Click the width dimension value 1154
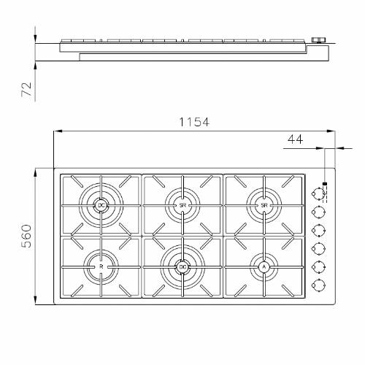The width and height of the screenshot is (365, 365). click(194, 123)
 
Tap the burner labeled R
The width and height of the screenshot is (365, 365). click(101, 268)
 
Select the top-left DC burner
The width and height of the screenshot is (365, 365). click(101, 207)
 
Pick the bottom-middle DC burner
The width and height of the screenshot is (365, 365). click(182, 268)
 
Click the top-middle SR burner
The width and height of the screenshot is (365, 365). click(182, 207)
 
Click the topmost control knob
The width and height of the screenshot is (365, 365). click(318, 194)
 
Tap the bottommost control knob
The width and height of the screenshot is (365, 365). click(318, 284)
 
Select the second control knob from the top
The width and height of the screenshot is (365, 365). click(318, 212)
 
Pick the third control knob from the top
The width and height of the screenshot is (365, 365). click(318, 230)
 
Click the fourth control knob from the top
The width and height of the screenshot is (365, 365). click(318, 248)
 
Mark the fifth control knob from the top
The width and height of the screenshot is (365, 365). click(318, 266)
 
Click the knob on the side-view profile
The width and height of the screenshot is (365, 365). click(318, 41)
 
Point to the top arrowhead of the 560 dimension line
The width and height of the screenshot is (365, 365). click(36, 172)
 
